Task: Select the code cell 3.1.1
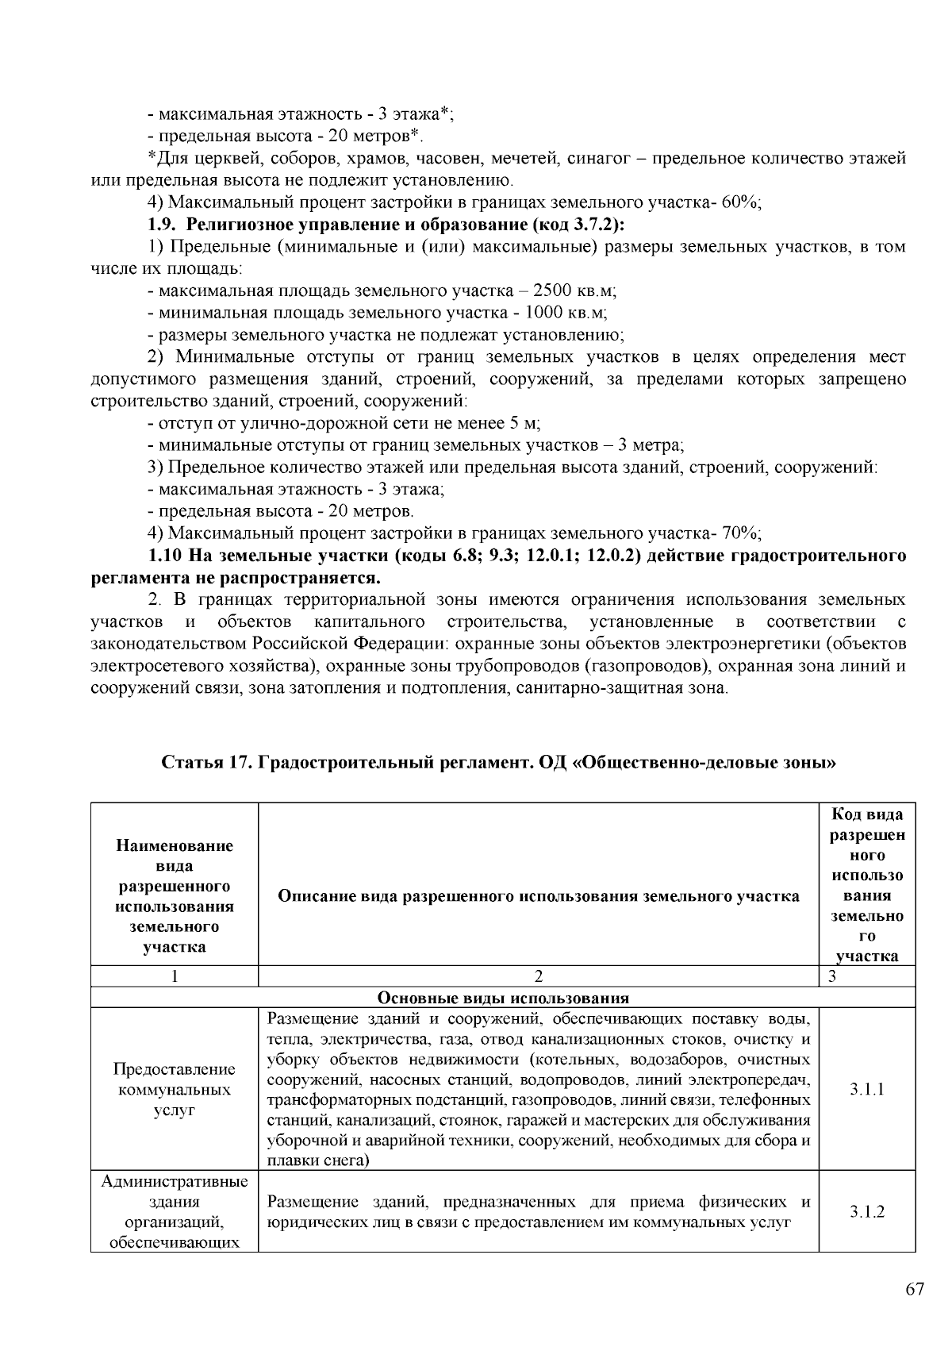click(866, 1089)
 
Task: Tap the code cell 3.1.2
click(866, 1212)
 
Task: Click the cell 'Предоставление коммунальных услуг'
click(175, 1089)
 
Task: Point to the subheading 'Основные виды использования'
click(502, 998)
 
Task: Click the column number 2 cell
click(539, 976)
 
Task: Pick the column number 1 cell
click(175, 976)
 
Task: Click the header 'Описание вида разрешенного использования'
click(539, 896)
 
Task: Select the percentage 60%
click(739, 202)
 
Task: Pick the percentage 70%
click(739, 533)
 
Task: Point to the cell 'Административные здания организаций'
click(175, 1212)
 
